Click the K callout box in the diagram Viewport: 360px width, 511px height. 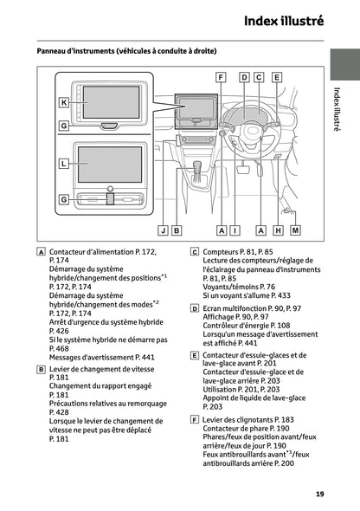pos(63,102)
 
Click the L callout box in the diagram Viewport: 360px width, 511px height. pos(63,162)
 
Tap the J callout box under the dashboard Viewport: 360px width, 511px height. pos(163,230)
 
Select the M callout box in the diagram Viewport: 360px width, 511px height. pos(296,230)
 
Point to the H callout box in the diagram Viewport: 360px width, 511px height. pos(278,230)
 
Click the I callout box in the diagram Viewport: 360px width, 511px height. pos(235,230)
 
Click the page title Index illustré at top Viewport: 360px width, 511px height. pos(284,20)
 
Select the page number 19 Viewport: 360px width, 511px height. pos(319,494)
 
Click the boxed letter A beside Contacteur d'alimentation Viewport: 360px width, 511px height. pos(42,251)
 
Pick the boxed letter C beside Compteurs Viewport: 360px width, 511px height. pos(195,251)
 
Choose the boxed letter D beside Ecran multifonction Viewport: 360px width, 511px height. pos(195,307)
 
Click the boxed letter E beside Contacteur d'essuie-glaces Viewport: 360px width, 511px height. pos(195,355)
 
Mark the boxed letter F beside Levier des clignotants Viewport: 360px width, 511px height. pos(195,419)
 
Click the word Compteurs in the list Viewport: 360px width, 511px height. pos(222,251)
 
